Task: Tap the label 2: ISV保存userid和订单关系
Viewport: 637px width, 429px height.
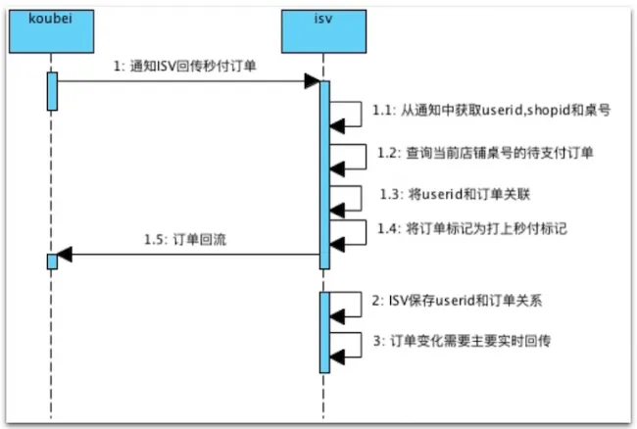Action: pos(454,301)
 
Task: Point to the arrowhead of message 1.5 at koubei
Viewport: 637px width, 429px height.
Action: pos(64,257)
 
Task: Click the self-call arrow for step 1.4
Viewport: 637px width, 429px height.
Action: pos(342,230)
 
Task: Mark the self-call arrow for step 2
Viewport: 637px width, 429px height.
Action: pos(342,305)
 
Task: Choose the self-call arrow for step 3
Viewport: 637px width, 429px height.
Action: pos(342,345)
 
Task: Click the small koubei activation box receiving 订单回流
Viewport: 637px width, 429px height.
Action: pos(52,261)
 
